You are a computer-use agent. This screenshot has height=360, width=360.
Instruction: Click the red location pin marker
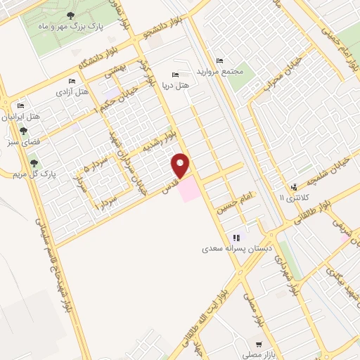click(x=181, y=165)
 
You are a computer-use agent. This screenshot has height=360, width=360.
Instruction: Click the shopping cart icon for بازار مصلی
click(x=259, y=345)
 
